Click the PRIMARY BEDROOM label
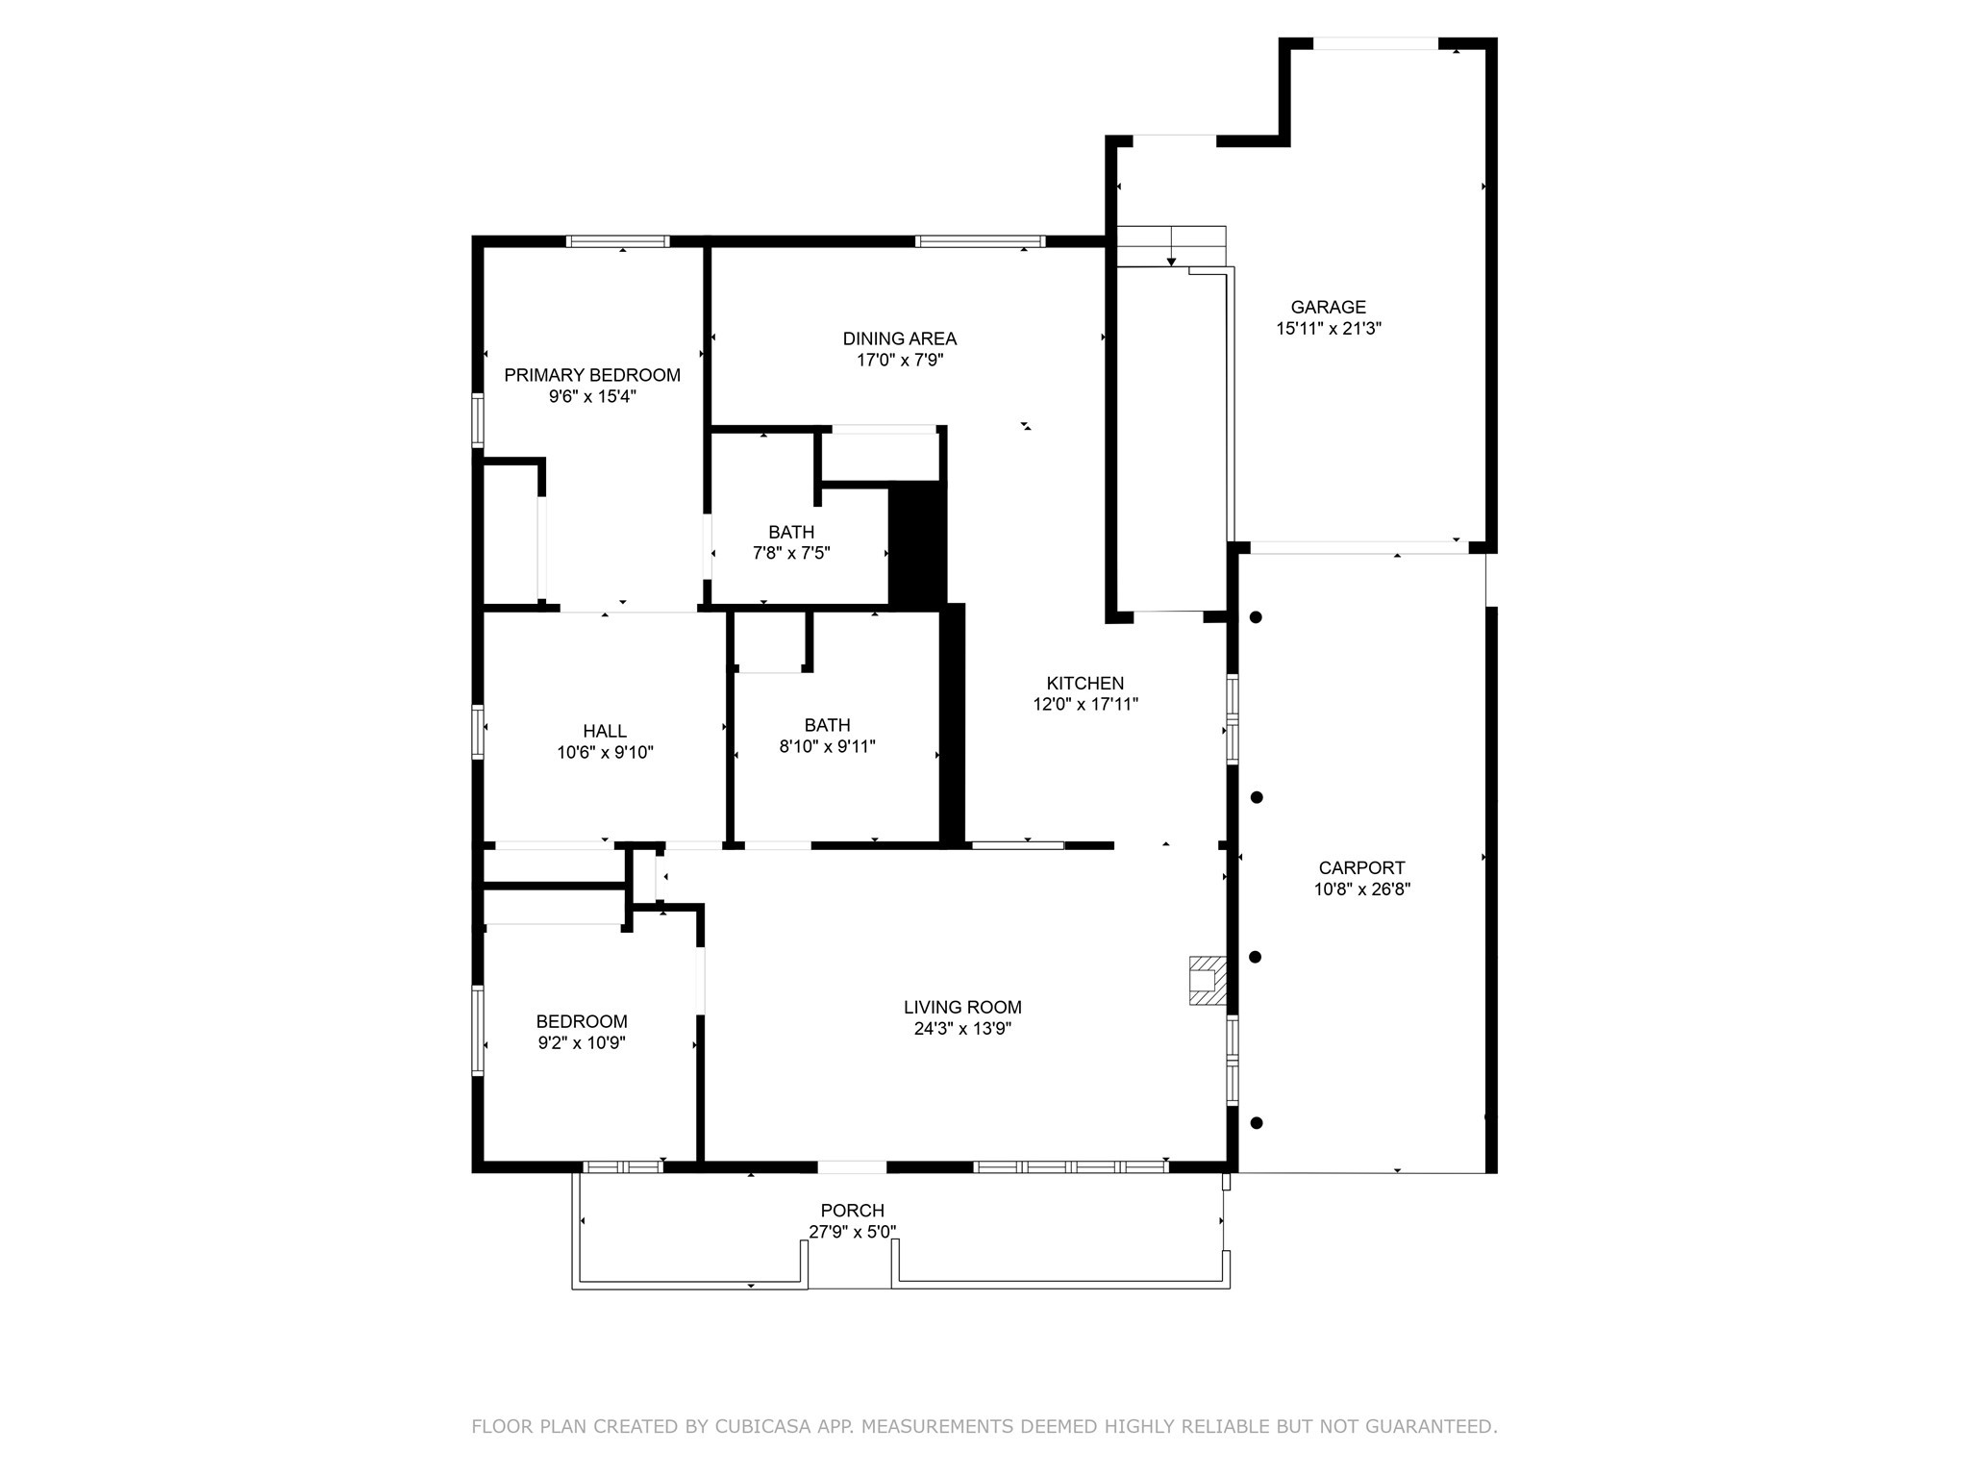click(x=592, y=375)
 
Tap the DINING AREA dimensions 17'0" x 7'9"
click(x=900, y=361)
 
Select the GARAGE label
click(x=1328, y=307)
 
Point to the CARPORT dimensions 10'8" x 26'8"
click(x=1361, y=889)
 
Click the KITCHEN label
click(x=1085, y=683)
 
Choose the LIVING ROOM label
click(x=962, y=1007)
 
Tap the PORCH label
click(x=852, y=1211)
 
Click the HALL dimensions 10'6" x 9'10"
click(x=605, y=753)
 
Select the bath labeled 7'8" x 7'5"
click(x=790, y=542)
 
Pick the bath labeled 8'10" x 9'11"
click(x=827, y=736)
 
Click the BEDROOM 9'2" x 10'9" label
click(x=582, y=1032)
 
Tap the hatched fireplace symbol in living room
click(x=1208, y=981)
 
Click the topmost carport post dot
click(x=1256, y=617)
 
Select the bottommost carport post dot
click(x=1256, y=1122)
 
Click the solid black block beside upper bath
click(x=917, y=543)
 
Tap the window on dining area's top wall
click(x=980, y=241)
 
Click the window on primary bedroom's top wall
click(x=616, y=241)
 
